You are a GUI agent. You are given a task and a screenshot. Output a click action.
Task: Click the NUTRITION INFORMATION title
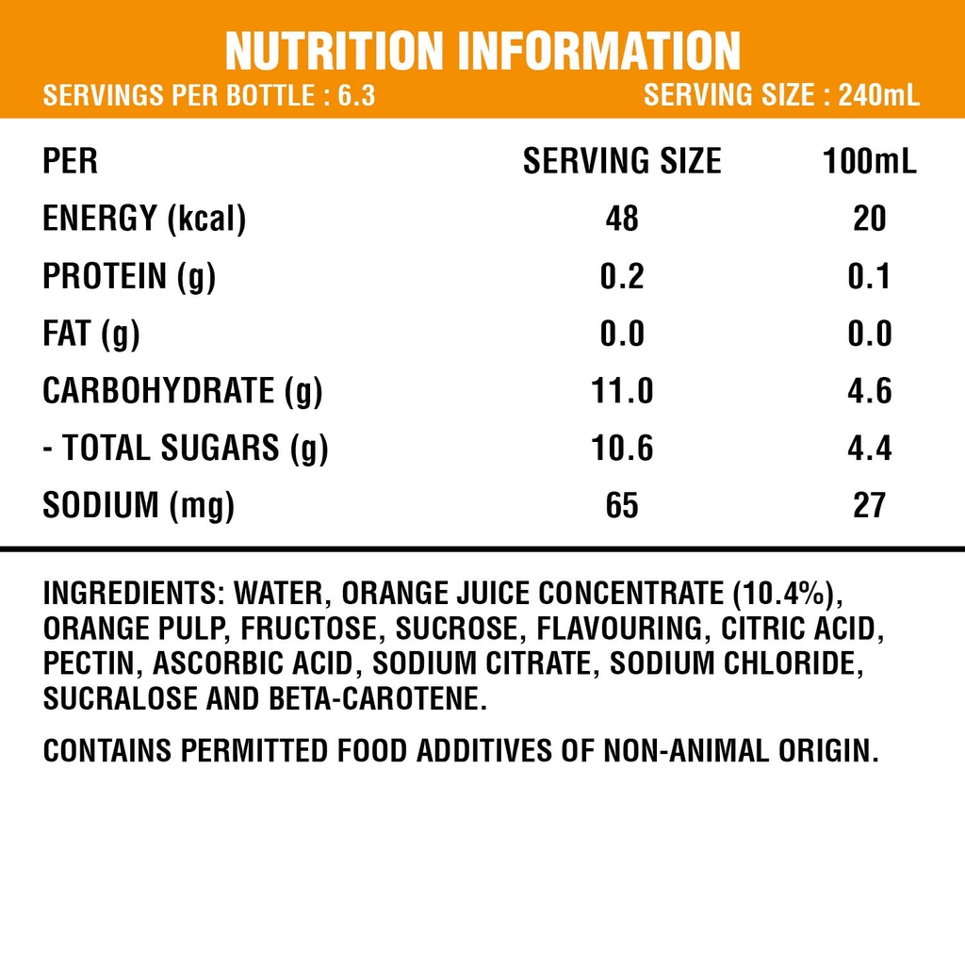[x=482, y=51]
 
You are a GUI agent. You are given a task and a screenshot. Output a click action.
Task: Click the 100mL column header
[x=869, y=161]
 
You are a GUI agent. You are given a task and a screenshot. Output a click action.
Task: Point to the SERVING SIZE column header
[x=622, y=161]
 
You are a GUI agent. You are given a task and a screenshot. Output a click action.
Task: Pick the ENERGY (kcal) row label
[x=144, y=219]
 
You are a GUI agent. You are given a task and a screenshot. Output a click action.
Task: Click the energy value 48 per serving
[x=622, y=219]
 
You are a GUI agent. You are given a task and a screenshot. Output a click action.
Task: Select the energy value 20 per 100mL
[x=869, y=219]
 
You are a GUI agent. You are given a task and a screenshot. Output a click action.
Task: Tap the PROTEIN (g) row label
[x=129, y=276]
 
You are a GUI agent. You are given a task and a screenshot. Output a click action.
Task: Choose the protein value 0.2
[x=622, y=276]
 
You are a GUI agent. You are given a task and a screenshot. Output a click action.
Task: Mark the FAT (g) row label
[x=91, y=334]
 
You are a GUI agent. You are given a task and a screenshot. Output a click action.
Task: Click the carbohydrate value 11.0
[x=622, y=391]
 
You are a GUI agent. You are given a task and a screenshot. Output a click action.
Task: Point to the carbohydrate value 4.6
[x=869, y=391]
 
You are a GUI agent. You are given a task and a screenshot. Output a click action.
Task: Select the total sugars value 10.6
[x=622, y=449]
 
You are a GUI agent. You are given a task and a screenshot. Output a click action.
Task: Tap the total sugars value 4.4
[x=869, y=449]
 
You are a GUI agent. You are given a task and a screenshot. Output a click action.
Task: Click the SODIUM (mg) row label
[x=139, y=506]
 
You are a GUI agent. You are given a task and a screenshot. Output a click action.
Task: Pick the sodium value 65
[x=622, y=506]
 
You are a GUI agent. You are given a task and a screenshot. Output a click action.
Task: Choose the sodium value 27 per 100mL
[x=869, y=506]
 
